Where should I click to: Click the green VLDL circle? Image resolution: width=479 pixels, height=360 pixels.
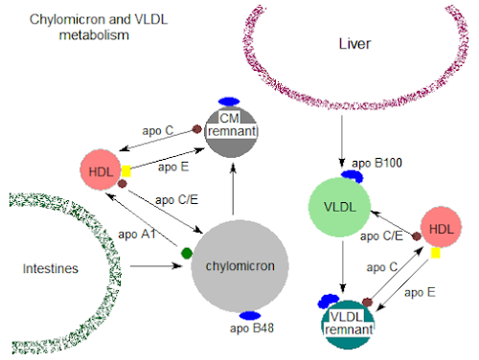(x=340, y=207)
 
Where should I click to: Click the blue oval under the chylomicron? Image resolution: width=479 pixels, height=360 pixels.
(x=252, y=315)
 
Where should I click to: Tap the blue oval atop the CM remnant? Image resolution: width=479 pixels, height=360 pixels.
(x=228, y=101)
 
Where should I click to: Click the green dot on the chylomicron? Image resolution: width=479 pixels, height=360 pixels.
(x=187, y=254)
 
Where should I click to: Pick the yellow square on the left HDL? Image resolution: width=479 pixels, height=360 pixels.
(x=125, y=171)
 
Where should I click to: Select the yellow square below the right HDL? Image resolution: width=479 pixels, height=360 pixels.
(x=436, y=255)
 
